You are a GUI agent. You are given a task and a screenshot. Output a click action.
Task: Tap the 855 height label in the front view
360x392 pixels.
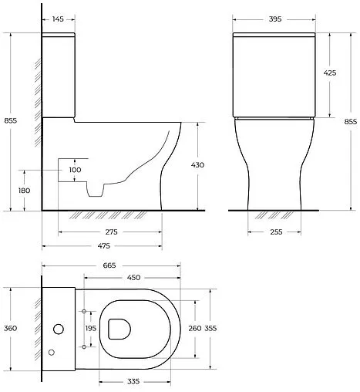point(350,121)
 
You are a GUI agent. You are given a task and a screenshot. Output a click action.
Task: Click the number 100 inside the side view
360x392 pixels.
point(75,170)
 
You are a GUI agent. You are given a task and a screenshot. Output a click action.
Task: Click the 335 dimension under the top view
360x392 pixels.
point(134,380)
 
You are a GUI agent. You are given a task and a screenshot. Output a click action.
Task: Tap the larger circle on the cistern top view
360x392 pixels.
point(57,329)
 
